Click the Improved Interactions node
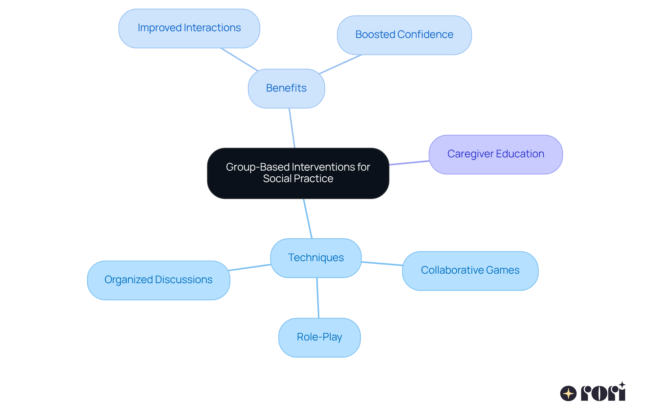pyautogui.click(x=189, y=28)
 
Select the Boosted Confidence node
pyautogui.click(x=404, y=35)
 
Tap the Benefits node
pyautogui.click(x=286, y=89)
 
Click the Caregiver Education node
pyautogui.click(x=496, y=155)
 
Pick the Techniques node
pyautogui.click(x=316, y=258)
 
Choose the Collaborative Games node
pyautogui.click(x=470, y=271)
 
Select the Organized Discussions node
pyautogui.click(x=158, y=280)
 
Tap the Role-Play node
pyautogui.click(x=319, y=337)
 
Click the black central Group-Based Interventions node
pyautogui.click(x=298, y=173)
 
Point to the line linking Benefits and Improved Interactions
pyautogui.click(x=239, y=59)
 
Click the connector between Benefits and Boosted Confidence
pyautogui.click(x=340, y=64)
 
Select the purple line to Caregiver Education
pyautogui.click(x=409, y=163)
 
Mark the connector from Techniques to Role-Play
pyautogui.click(x=318, y=298)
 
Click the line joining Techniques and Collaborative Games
pyautogui.click(x=382, y=263)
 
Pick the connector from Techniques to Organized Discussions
pyautogui.click(x=250, y=268)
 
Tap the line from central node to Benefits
pyautogui.click(x=292, y=128)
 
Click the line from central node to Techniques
pyautogui.click(x=308, y=219)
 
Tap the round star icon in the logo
pyautogui.click(x=568, y=393)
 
